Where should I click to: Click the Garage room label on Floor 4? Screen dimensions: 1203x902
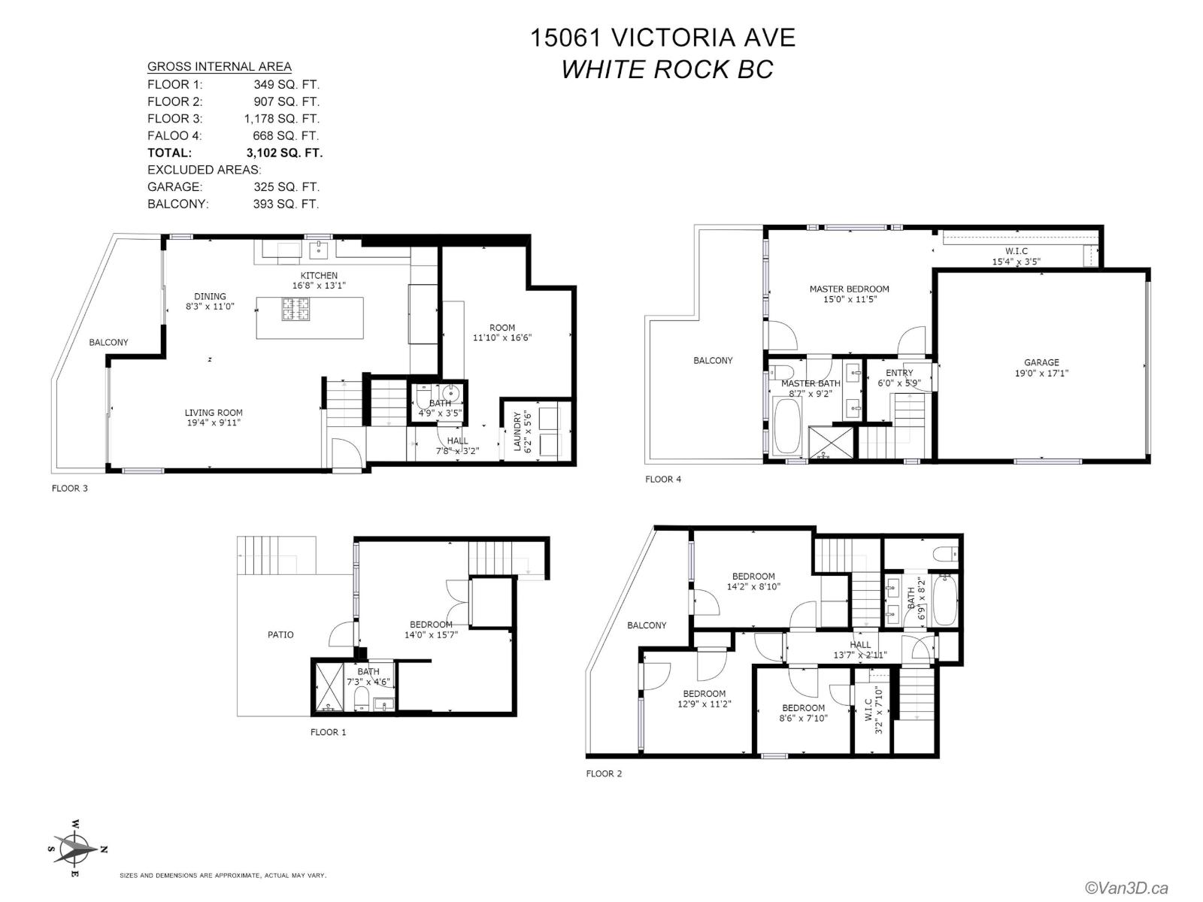1041,362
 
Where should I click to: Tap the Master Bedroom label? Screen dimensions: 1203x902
849,289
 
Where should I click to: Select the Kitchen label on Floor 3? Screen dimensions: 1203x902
319,275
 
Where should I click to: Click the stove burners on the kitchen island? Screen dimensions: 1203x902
295,309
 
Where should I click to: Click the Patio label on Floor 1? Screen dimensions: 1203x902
280,634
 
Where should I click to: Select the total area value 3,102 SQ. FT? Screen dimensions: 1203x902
284,153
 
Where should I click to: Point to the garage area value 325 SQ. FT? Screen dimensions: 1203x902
286,186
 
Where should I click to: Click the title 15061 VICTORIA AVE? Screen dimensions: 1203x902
662,38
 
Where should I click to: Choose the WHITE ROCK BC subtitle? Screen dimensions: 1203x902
667,70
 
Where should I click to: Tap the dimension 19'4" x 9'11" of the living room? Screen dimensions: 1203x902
214,422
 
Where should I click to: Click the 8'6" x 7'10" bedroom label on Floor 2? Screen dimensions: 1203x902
804,718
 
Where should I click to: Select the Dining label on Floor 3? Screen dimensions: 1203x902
210,296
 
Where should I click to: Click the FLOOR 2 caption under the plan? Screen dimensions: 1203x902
604,773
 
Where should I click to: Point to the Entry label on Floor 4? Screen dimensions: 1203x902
899,373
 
